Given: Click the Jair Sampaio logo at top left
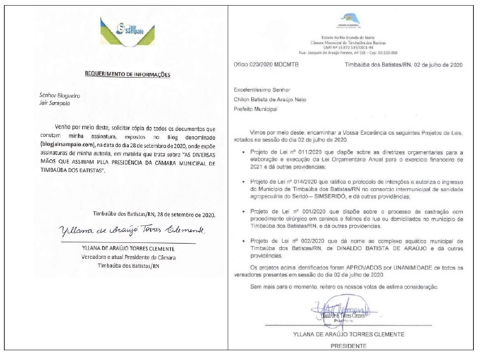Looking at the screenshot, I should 126,29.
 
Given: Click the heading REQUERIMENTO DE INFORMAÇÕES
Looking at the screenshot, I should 128,73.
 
